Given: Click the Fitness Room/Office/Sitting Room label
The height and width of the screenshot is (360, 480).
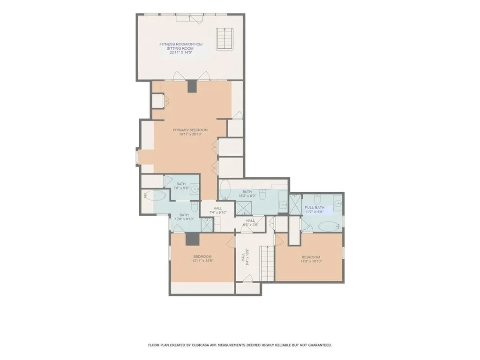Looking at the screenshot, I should (x=180, y=48).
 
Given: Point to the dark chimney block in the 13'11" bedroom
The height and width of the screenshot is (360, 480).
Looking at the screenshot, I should (x=192, y=239).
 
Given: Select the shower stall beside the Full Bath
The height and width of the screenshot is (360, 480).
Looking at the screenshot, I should (x=295, y=203).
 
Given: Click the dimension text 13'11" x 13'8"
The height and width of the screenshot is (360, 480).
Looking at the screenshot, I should (x=202, y=262).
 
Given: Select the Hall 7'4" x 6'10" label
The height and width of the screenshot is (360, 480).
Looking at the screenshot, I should (x=217, y=210).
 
